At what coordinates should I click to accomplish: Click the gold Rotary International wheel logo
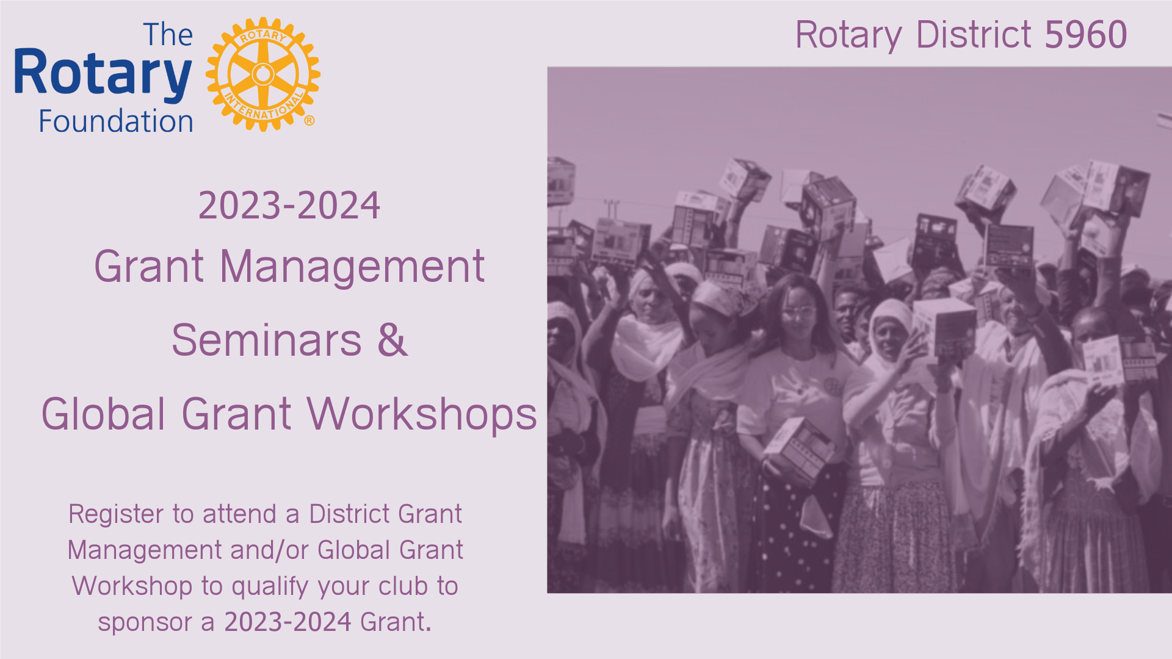pos(263,74)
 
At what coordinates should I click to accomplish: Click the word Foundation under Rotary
pos(116,121)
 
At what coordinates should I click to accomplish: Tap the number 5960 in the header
pos(1086,35)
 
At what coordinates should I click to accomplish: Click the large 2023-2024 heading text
pos(289,206)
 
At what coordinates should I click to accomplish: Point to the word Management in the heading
pos(352,267)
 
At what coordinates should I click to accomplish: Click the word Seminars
pos(266,340)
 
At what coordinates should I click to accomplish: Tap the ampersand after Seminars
pos(392,340)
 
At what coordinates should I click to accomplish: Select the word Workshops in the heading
pos(422,414)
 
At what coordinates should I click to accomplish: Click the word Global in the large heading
pos(103,414)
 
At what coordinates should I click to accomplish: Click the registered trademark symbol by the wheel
pos(309,121)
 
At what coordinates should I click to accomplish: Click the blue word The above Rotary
pos(168,35)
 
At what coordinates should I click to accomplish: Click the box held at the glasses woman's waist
pos(798,448)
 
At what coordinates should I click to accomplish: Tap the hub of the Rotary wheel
pos(263,74)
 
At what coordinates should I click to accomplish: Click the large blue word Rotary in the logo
pos(103,74)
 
